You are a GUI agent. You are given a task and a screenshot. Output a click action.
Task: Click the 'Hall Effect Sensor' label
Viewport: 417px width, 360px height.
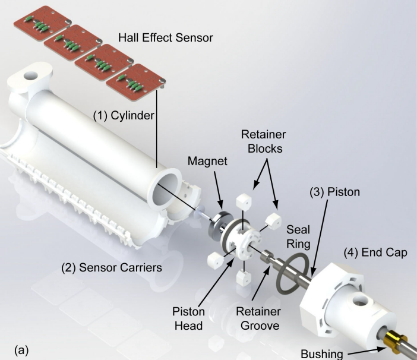click(165, 37)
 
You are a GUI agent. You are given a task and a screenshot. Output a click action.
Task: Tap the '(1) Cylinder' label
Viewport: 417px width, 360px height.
click(124, 115)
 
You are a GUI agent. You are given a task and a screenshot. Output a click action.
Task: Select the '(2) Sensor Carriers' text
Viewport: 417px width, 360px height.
click(112, 267)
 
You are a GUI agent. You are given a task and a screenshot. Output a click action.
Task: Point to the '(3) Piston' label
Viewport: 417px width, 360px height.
click(334, 192)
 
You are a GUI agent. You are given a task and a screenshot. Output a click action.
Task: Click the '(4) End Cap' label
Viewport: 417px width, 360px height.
click(375, 252)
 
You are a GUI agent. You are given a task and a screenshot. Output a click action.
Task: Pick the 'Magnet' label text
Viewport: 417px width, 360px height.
click(207, 161)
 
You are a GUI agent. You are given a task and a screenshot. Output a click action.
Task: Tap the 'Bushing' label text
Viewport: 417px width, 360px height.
click(322, 354)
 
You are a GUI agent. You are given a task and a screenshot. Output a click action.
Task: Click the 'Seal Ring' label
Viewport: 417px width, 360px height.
click(298, 236)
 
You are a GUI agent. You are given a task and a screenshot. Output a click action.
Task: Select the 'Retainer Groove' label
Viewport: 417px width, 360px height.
click(258, 318)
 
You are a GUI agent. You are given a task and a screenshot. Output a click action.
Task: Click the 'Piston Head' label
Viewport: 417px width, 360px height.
click(188, 318)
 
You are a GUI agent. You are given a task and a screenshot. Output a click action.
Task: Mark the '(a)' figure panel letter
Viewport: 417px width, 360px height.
click(21, 350)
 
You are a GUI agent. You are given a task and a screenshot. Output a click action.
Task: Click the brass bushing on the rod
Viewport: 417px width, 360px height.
click(396, 341)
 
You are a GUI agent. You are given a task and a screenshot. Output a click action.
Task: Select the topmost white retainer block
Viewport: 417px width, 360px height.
click(244, 201)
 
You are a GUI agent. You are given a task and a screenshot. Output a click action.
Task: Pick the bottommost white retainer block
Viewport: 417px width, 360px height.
click(244, 278)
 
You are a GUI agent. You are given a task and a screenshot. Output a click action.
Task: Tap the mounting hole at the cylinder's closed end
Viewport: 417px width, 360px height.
click(31, 75)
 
